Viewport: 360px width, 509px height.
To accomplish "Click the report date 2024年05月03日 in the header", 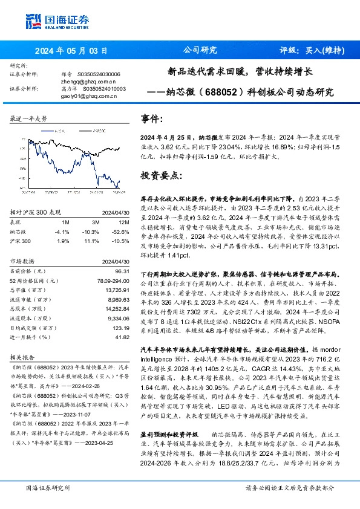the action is point(71,51).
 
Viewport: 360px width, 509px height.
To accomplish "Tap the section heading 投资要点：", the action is point(161,176).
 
